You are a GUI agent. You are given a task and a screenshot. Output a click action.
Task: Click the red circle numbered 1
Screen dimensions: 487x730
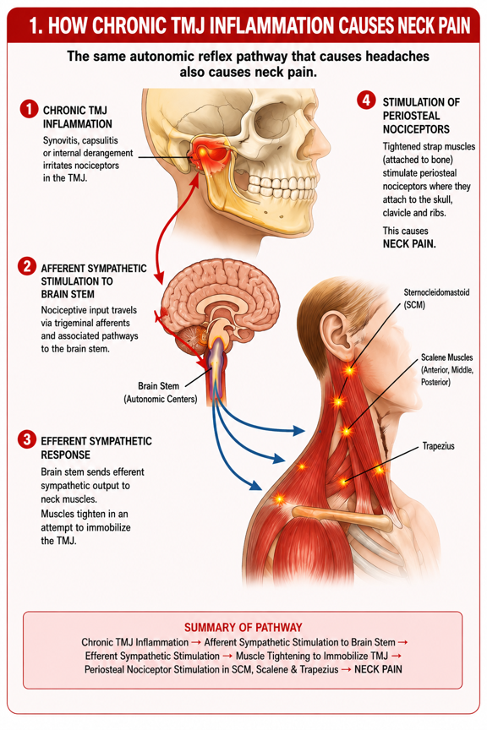point(29,109)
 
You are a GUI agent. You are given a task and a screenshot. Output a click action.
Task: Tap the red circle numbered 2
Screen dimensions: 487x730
point(26,266)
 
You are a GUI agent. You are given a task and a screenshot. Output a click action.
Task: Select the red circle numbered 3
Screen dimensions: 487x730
point(26,439)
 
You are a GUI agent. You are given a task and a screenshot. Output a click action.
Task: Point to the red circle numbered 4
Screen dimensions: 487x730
point(366,100)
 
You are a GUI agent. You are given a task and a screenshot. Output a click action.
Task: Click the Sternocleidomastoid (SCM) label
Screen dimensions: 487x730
point(436,298)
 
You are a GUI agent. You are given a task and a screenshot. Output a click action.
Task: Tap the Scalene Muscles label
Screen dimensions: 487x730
point(447,370)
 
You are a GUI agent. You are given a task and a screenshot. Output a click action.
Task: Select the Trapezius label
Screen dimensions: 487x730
point(438,446)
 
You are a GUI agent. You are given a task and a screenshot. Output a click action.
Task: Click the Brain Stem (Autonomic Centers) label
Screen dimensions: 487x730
point(161,393)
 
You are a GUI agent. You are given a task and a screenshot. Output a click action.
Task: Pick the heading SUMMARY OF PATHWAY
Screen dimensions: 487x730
point(243,627)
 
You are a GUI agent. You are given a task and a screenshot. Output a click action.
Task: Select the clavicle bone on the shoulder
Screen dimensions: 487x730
point(342,517)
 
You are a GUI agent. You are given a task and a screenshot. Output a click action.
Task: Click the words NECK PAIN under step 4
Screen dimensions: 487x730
point(409,244)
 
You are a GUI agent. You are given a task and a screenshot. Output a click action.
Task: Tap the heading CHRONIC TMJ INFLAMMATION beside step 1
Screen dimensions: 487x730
point(77,117)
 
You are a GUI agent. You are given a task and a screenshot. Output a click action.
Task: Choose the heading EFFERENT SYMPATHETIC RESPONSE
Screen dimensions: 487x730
point(96,448)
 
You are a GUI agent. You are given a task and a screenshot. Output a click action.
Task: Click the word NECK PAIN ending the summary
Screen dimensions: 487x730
point(378,669)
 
